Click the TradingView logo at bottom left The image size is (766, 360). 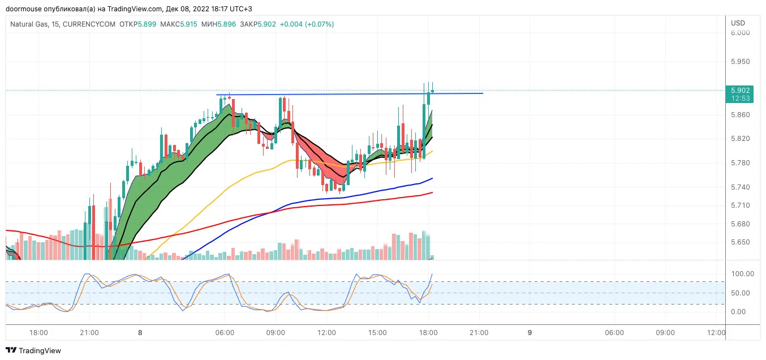click(x=33, y=350)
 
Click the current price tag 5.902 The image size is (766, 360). click(x=741, y=91)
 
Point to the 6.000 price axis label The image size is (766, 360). click(x=741, y=32)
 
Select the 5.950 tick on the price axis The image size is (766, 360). click(x=741, y=62)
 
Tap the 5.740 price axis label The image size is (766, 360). click(x=741, y=187)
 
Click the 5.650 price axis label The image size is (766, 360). click(x=741, y=242)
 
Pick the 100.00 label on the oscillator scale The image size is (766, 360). click(x=742, y=274)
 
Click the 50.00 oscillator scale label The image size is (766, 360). click(x=741, y=293)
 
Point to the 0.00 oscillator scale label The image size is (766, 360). click(x=738, y=312)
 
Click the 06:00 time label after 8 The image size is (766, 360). click(x=225, y=333)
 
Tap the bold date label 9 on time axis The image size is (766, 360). click(x=530, y=333)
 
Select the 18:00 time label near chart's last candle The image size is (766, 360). click(x=428, y=333)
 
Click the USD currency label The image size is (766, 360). click(x=738, y=23)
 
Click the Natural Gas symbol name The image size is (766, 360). click(x=29, y=24)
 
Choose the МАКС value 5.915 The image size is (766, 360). click(x=189, y=24)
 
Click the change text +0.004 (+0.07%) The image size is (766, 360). click(x=307, y=24)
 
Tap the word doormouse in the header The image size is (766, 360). click(x=24, y=9)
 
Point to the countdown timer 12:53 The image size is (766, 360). click(x=741, y=98)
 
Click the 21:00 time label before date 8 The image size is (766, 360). click(x=89, y=333)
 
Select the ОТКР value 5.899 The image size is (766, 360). click(x=147, y=24)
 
